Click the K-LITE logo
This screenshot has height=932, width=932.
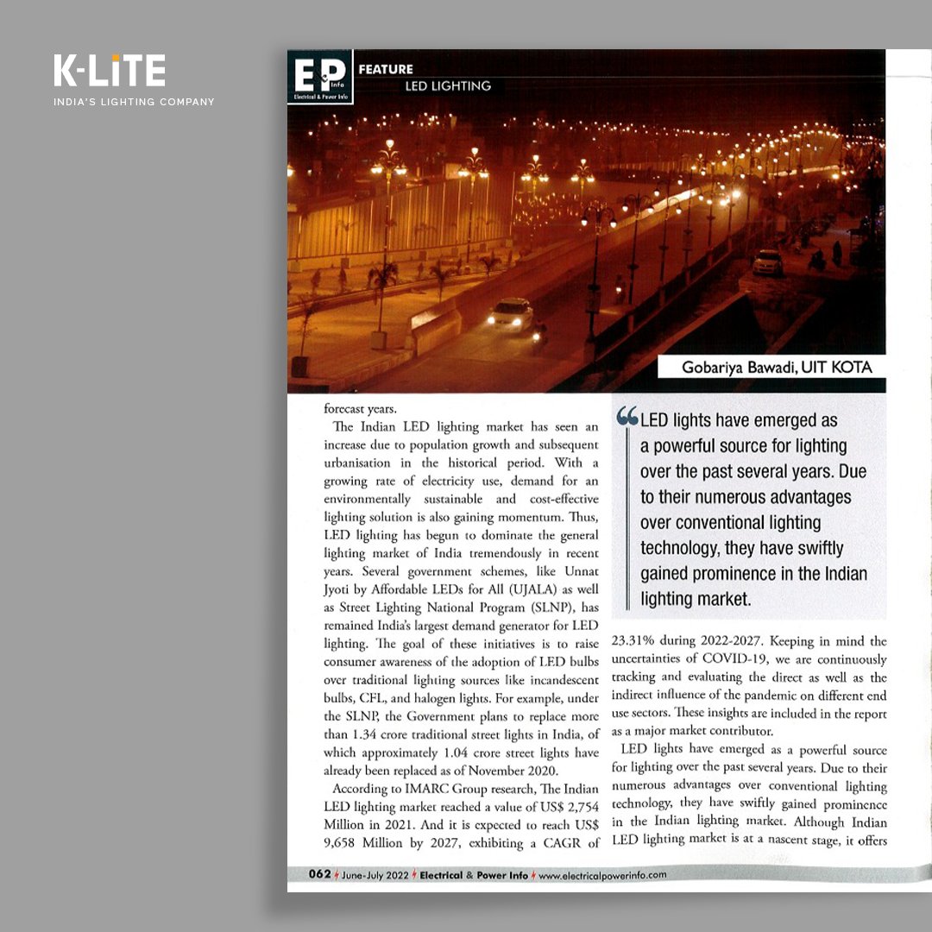(x=109, y=72)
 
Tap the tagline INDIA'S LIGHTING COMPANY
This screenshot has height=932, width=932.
(x=134, y=102)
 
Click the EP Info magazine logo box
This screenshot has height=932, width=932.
(x=319, y=77)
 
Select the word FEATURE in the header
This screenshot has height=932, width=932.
(x=386, y=69)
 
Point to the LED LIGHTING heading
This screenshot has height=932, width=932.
(x=448, y=86)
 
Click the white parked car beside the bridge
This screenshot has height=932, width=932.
(x=767, y=262)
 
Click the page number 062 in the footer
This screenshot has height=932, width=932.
(x=319, y=874)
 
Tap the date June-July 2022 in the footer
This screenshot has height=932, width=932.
(x=375, y=874)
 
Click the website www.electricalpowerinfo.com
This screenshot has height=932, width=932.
(x=602, y=874)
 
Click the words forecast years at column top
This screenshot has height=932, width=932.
(x=361, y=410)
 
